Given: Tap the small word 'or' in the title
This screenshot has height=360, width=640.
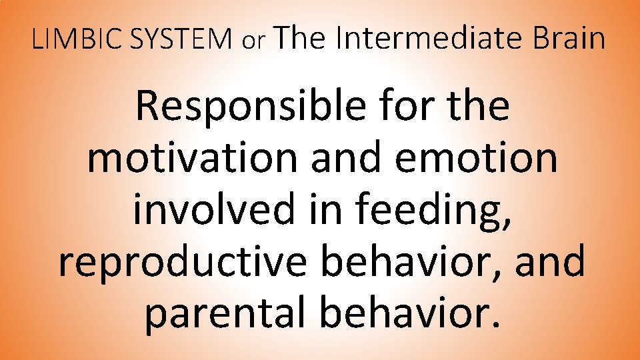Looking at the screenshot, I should [x=254, y=42].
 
